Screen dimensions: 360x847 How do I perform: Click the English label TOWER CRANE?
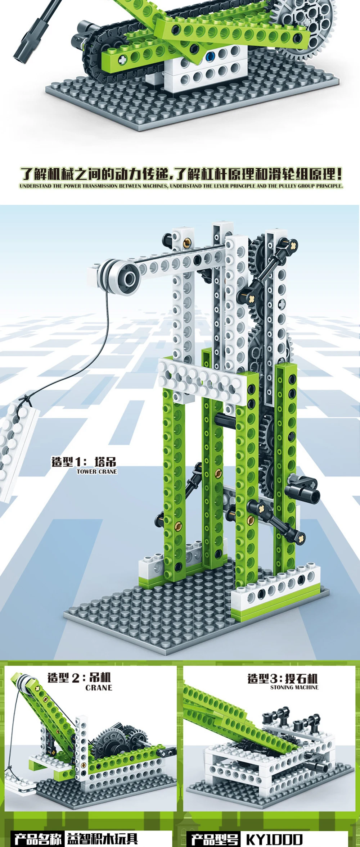pos(97,471)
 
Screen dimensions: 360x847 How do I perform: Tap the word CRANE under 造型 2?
pos(99,688)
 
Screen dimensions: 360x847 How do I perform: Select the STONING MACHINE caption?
pos(294,687)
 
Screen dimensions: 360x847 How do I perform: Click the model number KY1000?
pos(274,839)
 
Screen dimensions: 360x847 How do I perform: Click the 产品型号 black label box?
pos(215,839)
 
